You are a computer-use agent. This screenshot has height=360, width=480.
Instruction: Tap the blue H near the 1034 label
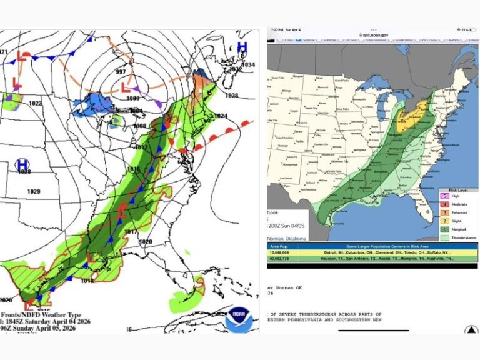(x=242, y=47)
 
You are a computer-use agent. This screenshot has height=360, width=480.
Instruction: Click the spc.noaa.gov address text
(x=374, y=36)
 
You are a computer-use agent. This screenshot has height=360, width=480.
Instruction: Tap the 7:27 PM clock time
(x=277, y=29)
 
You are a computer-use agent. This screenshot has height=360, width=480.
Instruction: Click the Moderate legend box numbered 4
(x=443, y=205)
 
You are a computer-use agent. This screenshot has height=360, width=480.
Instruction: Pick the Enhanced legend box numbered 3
(x=443, y=213)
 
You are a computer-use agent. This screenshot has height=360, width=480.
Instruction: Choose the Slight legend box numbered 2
(x=443, y=221)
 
